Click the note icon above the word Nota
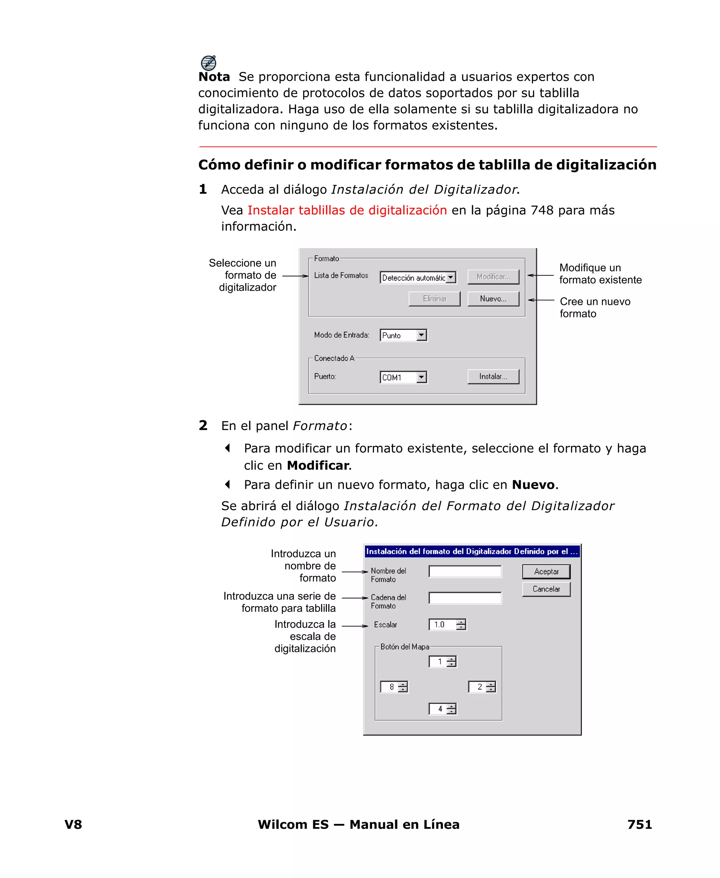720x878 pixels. point(208,63)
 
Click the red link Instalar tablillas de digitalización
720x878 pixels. point(347,210)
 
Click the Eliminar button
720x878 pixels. point(434,299)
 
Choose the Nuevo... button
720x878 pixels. point(493,299)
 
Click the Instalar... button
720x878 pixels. point(493,376)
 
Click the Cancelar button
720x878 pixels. point(546,589)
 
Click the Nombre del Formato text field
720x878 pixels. point(464,571)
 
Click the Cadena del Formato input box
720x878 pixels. point(464,598)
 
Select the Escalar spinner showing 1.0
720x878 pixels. point(447,624)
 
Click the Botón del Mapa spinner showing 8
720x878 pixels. point(394,687)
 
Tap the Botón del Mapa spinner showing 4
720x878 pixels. point(442,709)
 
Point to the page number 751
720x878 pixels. point(639,824)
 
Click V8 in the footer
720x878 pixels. point(73,824)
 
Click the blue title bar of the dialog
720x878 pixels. point(471,551)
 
